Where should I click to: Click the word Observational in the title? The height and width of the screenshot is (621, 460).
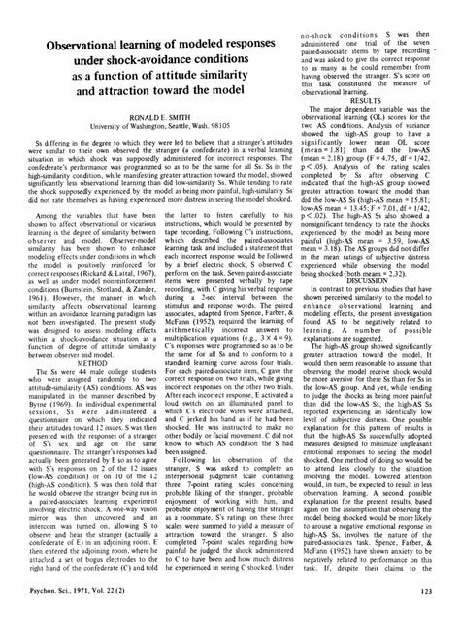click(84, 48)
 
